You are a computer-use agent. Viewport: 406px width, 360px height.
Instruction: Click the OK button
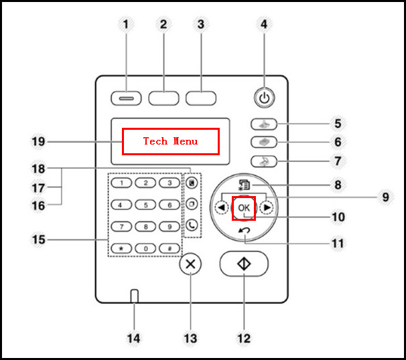click(244, 208)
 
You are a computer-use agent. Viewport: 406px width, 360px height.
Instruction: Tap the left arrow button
click(222, 207)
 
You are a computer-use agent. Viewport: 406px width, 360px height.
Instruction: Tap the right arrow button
click(267, 207)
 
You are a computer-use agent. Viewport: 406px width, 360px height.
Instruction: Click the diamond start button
click(244, 264)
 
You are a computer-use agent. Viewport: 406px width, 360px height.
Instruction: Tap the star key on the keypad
click(121, 248)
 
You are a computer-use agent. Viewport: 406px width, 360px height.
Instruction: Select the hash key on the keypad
click(170, 248)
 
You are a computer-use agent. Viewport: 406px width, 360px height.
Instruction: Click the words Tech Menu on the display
click(170, 141)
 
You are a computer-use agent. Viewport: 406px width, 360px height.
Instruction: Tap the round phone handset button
click(192, 225)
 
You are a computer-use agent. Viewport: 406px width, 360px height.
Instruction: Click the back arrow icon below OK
click(244, 230)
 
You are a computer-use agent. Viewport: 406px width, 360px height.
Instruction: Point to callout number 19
click(38, 142)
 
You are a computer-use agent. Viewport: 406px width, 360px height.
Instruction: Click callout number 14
click(133, 339)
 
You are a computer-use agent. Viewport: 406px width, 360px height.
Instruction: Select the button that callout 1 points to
click(126, 98)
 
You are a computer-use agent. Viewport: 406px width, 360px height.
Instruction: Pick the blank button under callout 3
click(201, 98)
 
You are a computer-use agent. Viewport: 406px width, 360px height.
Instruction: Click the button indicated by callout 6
click(264, 143)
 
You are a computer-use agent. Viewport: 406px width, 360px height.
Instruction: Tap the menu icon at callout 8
click(244, 185)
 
